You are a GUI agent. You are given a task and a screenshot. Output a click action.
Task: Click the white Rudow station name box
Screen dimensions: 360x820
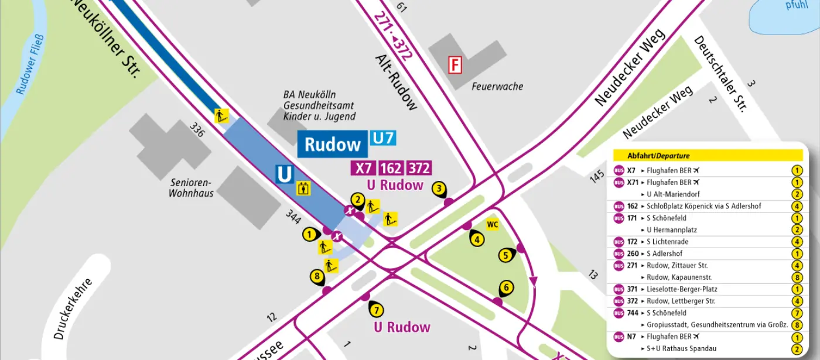pyautogui.click(x=332, y=145)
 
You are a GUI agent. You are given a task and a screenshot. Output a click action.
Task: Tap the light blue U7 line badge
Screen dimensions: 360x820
pyautogui.click(x=382, y=138)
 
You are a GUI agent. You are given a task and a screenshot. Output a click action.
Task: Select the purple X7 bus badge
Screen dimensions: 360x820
pyautogui.click(x=364, y=169)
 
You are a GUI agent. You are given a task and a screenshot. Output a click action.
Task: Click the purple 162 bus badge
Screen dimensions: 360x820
pyautogui.click(x=391, y=169)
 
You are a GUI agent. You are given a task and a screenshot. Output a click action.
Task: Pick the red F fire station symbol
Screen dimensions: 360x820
pyautogui.click(x=455, y=64)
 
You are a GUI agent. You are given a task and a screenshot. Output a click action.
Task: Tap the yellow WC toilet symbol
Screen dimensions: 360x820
pyautogui.click(x=493, y=224)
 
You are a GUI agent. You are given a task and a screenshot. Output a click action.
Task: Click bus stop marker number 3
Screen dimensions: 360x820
pyautogui.click(x=439, y=189)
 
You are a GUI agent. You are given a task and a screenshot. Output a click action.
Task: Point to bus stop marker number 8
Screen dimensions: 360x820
pyautogui.click(x=317, y=277)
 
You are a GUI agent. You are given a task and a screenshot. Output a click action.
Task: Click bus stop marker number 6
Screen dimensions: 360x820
pyautogui.click(x=507, y=288)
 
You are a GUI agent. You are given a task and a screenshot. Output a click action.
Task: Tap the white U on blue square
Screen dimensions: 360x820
pyautogui.click(x=284, y=174)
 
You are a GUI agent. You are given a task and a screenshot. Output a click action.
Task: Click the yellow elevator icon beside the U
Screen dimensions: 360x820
pyautogui.click(x=303, y=188)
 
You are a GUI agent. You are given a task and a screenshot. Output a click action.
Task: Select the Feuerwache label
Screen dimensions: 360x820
pyautogui.click(x=497, y=87)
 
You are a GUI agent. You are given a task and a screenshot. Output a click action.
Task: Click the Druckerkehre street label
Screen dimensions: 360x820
pyautogui.click(x=73, y=308)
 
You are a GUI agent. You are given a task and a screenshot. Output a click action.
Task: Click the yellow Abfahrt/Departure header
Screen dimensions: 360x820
pyautogui.click(x=708, y=156)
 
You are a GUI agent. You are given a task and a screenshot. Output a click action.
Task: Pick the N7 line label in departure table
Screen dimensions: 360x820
pyautogui.click(x=631, y=337)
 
